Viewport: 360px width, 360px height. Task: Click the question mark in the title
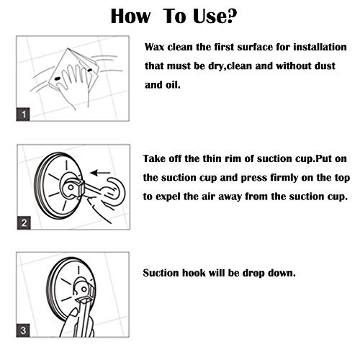pos(230,16)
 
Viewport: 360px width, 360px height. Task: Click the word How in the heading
pos(130,16)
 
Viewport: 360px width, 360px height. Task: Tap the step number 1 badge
pos(23,114)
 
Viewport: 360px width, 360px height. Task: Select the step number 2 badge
pos(24,222)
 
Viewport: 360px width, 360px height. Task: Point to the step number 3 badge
pos(23,330)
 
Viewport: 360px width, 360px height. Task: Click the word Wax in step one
pos(155,47)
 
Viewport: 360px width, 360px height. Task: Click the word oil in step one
pos(172,85)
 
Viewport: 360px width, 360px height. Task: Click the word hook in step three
pos(194,273)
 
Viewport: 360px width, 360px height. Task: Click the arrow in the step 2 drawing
pos(100,173)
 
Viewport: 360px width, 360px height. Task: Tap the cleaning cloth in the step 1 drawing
pos(74,68)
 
